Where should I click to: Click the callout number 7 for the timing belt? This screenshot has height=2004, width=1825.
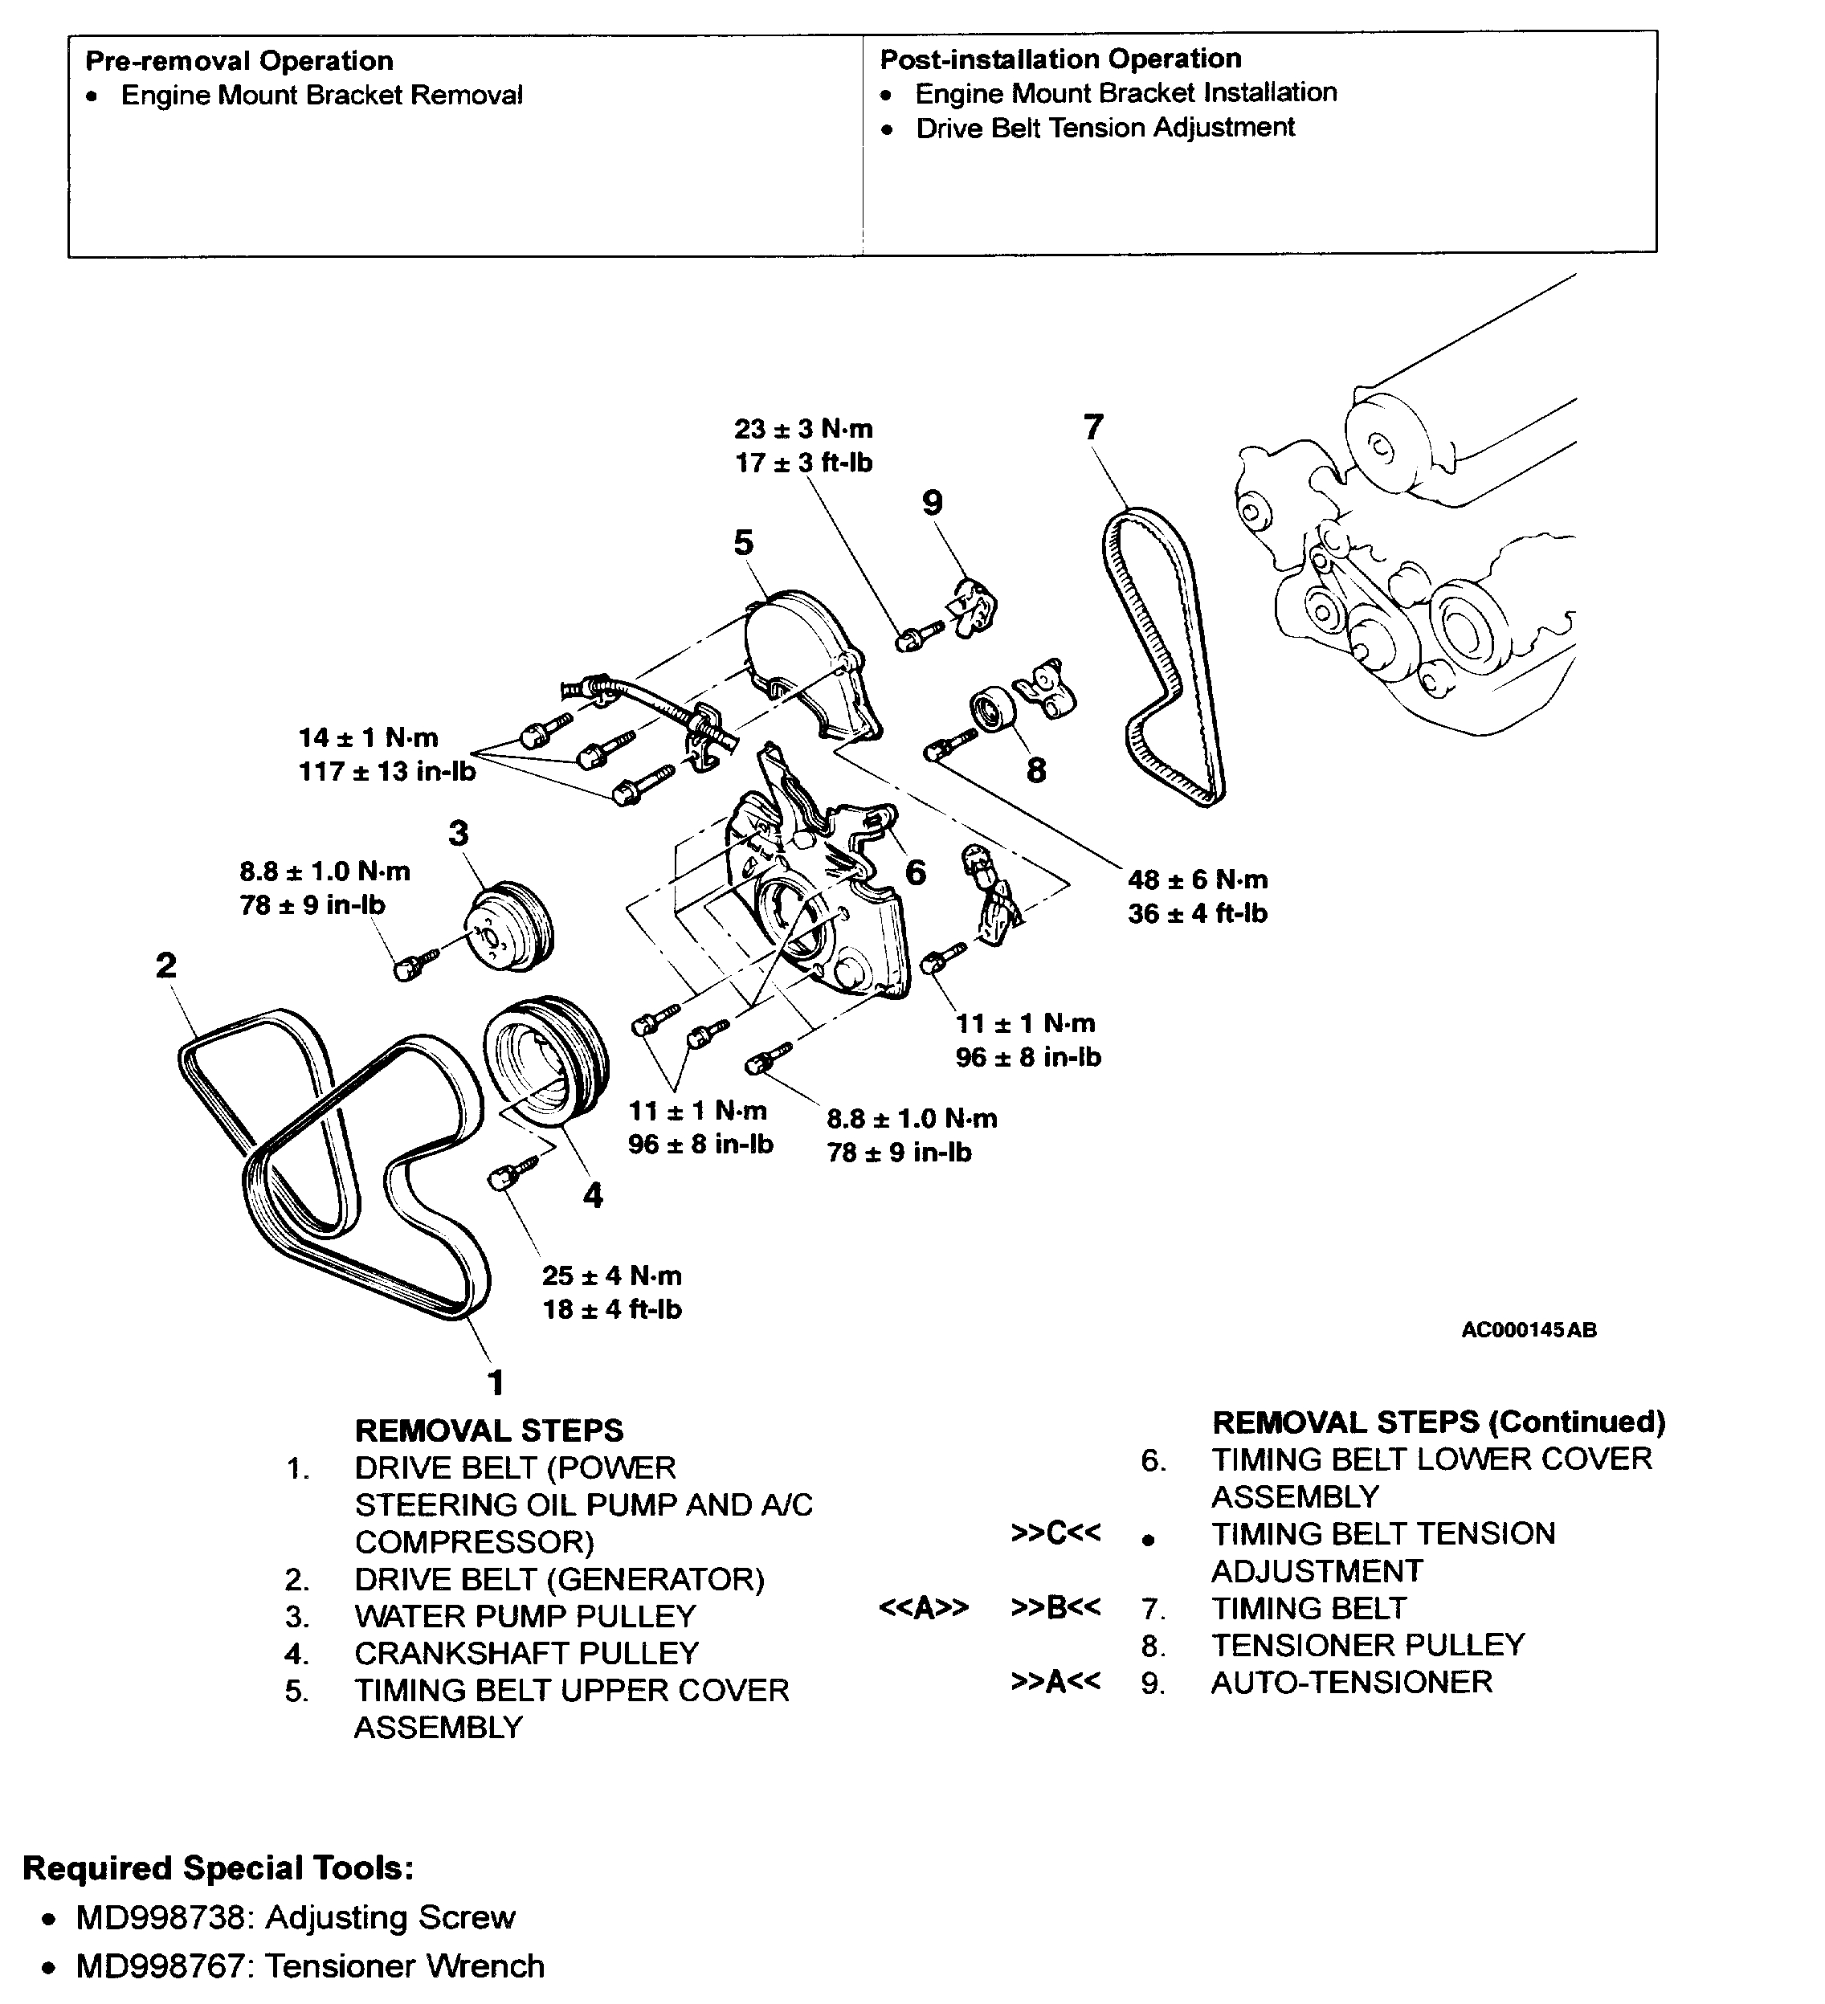[x=1093, y=427]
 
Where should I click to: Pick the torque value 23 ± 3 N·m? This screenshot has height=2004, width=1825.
[x=803, y=430]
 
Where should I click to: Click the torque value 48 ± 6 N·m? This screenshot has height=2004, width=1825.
[x=1197, y=880]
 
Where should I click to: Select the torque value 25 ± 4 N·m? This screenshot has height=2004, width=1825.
[x=611, y=1275]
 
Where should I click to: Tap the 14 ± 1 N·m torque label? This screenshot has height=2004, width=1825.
[x=368, y=737]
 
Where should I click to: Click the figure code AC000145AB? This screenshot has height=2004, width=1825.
[x=1528, y=1330]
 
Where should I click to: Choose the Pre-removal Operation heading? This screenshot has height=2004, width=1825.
[x=239, y=60]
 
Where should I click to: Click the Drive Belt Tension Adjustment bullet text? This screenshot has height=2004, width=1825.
[x=1104, y=129]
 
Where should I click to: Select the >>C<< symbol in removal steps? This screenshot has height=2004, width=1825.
[x=1055, y=1533]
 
